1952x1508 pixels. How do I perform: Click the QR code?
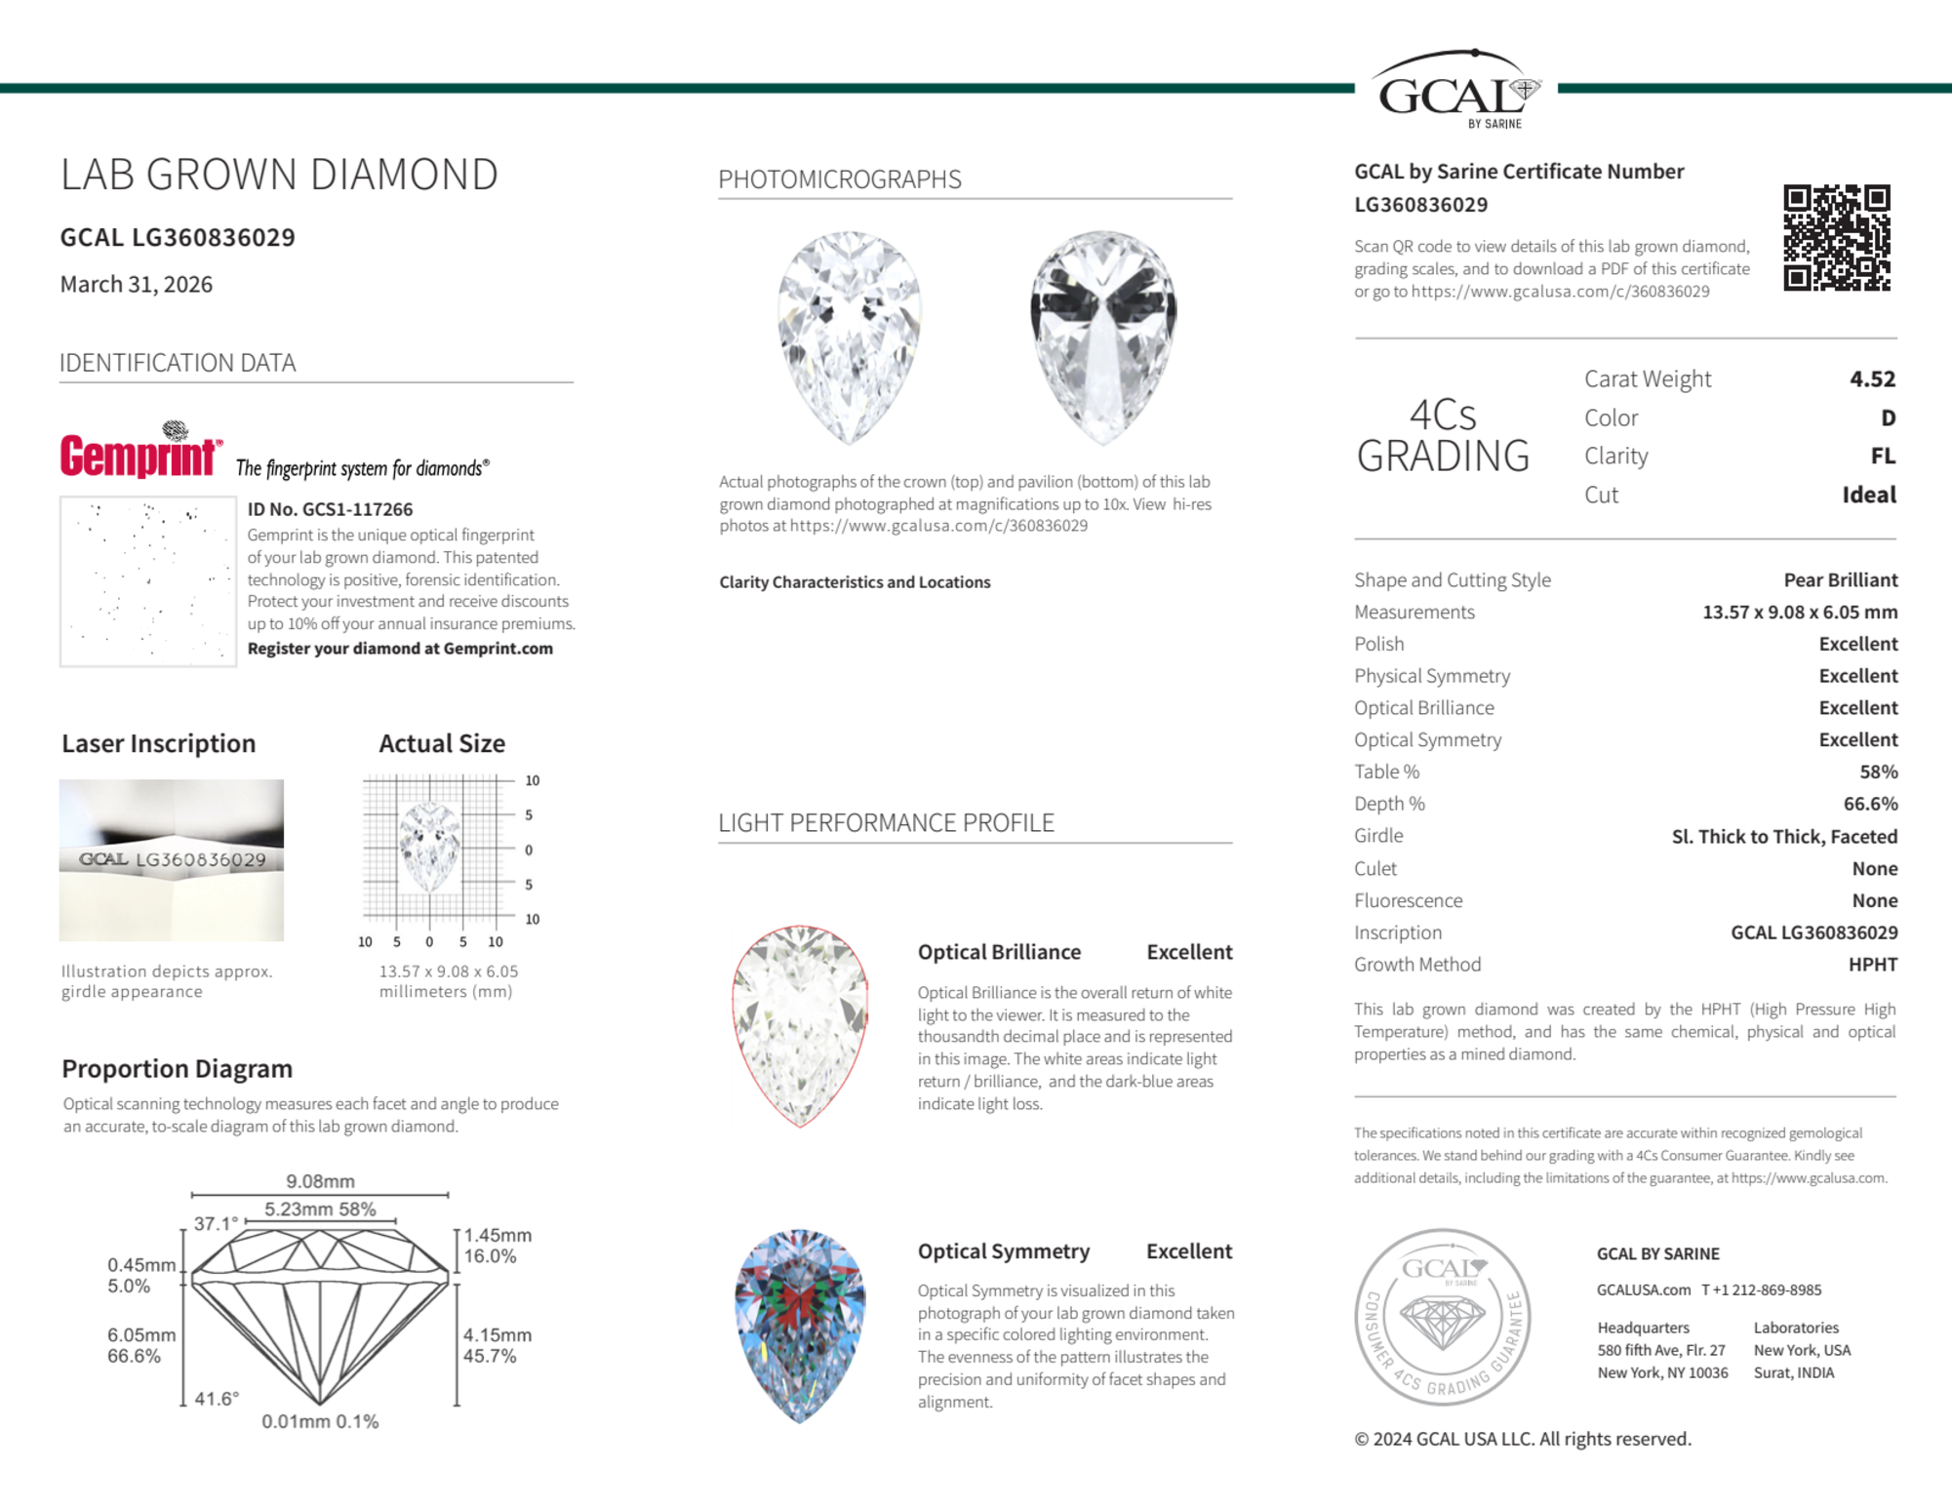click(1836, 238)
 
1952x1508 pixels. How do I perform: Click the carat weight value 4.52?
click(1872, 378)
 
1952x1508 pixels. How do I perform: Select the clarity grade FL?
click(1883, 456)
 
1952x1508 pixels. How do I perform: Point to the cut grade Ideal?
click(1868, 495)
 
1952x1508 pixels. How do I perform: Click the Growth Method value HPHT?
click(1872, 965)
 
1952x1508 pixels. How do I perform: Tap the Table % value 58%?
click(1878, 772)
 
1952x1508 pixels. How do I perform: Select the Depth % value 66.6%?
click(1870, 804)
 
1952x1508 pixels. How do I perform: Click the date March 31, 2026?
click(137, 284)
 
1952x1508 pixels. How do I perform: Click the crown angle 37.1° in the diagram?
click(216, 1223)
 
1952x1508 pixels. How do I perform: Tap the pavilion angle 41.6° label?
click(217, 1399)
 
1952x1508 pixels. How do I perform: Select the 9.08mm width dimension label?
click(320, 1181)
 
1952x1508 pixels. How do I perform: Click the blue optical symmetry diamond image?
click(800, 1325)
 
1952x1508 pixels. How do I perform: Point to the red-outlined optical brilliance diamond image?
click(800, 1025)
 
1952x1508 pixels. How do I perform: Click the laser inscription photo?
click(172, 859)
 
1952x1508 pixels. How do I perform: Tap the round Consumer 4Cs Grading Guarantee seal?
click(1442, 1316)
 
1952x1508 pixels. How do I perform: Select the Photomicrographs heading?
click(840, 179)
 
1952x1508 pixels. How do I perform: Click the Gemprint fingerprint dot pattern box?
click(148, 581)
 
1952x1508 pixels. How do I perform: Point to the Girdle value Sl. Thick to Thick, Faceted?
click(1784, 836)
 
